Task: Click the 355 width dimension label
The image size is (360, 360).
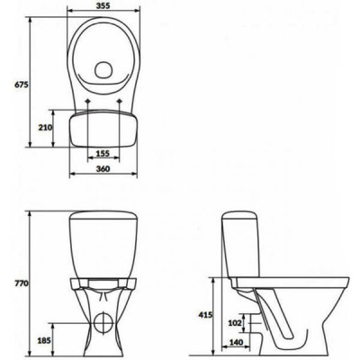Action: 103,5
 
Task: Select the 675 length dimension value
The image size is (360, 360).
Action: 22,85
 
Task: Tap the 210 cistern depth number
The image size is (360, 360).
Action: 45,128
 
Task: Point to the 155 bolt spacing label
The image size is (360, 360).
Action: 103,154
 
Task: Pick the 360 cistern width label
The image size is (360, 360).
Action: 103,169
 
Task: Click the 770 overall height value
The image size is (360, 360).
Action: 22,283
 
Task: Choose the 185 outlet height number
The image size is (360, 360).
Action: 44,340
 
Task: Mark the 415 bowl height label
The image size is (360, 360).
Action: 205,315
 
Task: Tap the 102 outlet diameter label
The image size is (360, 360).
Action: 235,323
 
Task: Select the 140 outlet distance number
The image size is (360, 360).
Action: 236,342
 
